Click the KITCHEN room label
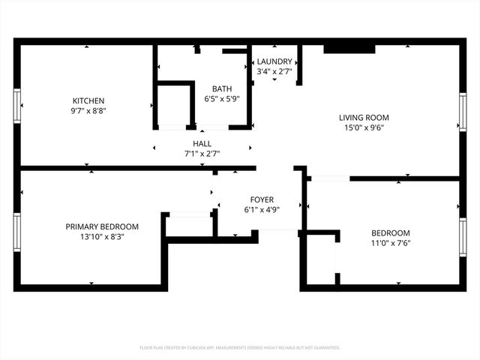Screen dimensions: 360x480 tap(88, 101)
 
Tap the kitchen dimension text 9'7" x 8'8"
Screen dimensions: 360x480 tap(88, 111)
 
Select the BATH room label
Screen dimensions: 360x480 tap(221, 88)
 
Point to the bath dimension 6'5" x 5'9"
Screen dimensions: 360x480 tap(221, 98)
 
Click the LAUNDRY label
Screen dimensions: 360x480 tap(274, 61)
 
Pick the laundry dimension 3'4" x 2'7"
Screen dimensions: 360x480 tap(274, 71)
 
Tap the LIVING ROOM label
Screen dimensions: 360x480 tap(364, 118)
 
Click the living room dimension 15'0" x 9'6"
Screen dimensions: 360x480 tap(364, 127)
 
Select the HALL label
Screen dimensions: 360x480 tap(202, 143)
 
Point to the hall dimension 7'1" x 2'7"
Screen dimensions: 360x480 tap(202, 153)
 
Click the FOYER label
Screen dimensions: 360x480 tap(262, 199)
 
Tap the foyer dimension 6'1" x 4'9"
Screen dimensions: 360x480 tap(262, 209)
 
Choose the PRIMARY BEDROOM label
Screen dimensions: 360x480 tap(102, 226)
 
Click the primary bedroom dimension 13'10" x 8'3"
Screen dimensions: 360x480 tap(102, 236)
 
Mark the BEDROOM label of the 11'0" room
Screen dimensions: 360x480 tap(391, 232)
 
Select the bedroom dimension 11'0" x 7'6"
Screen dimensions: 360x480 tap(391, 242)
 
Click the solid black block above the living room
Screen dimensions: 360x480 tap(349, 49)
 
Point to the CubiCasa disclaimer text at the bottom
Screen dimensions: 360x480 tap(240, 347)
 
